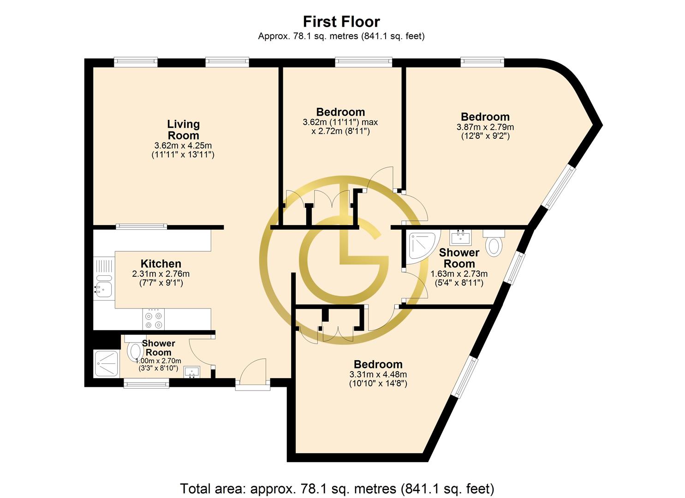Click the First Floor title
click(x=341, y=22)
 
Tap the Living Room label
click(x=183, y=130)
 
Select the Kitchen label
click(x=161, y=263)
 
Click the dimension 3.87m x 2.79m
click(x=485, y=127)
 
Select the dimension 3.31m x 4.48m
click(x=378, y=374)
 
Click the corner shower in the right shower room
click(x=422, y=247)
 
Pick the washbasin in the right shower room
click(x=460, y=237)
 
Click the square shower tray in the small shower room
click(x=106, y=364)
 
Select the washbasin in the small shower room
click(x=192, y=373)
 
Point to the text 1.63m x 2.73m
click(x=459, y=274)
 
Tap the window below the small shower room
click(x=146, y=383)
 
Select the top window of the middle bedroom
click(x=363, y=62)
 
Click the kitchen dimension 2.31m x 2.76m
click(x=161, y=274)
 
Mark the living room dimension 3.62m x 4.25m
click(x=183, y=146)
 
